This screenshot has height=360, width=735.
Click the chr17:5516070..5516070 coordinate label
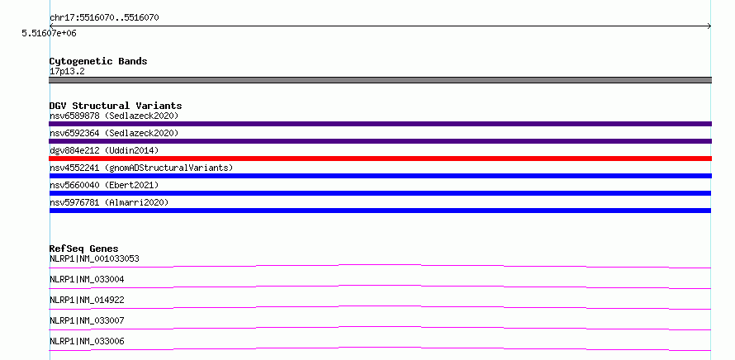coord(104,18)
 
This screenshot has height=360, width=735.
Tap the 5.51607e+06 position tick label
coord(49,33)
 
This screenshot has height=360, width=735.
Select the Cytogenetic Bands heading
coord(98,61)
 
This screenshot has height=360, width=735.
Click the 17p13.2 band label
coord(67,72)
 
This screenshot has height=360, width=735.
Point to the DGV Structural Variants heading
coord(116,106)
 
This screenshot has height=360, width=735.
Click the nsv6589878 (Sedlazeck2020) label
coord(114,116)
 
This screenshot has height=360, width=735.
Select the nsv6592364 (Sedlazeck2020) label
coord(114,133)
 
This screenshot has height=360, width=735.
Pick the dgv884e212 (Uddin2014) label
coord(104,150)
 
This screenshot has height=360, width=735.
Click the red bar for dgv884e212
coord(380,159)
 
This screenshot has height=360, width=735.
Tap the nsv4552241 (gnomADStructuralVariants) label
coord(141,168)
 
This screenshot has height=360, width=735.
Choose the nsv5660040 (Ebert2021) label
coord(104,185)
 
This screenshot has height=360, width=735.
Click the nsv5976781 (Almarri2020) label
coord(109,202)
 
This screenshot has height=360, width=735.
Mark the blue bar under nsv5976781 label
coord(380,211)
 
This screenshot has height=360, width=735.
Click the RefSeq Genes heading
coord(84,249)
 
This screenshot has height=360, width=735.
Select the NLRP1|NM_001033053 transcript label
coord(94,258)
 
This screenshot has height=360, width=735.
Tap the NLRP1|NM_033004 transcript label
coord(87,279)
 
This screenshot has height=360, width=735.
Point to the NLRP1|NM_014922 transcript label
coord(87,300)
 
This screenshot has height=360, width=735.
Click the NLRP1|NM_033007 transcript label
coord(87,320)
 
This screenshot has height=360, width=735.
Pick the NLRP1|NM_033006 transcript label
coord(87,341)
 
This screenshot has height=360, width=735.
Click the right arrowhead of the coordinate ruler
coord(710,26)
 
